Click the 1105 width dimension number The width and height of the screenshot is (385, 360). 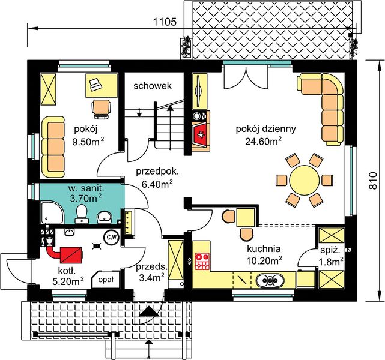pos(165,22)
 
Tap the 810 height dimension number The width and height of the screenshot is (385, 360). pos(373,181)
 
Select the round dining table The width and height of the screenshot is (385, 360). pos(305,180)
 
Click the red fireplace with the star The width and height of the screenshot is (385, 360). pos(201,134)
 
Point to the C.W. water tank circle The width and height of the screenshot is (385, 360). pos(112,237)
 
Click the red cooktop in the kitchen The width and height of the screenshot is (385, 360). pos(202,262)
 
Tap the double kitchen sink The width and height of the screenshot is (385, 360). pos(270,280)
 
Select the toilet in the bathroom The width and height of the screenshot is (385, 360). pos(82,214)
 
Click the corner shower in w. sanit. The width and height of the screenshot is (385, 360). pos(52,212)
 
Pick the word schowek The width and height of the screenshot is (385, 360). pos(153,86)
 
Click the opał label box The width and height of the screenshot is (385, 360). pos(106,280)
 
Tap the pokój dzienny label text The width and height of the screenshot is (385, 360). pos(266,129)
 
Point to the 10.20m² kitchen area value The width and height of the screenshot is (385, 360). pos(264,260)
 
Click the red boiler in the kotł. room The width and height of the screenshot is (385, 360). pos(71,255)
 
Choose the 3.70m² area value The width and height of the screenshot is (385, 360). pos(86,197)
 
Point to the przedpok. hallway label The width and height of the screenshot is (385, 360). pos(157,172)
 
